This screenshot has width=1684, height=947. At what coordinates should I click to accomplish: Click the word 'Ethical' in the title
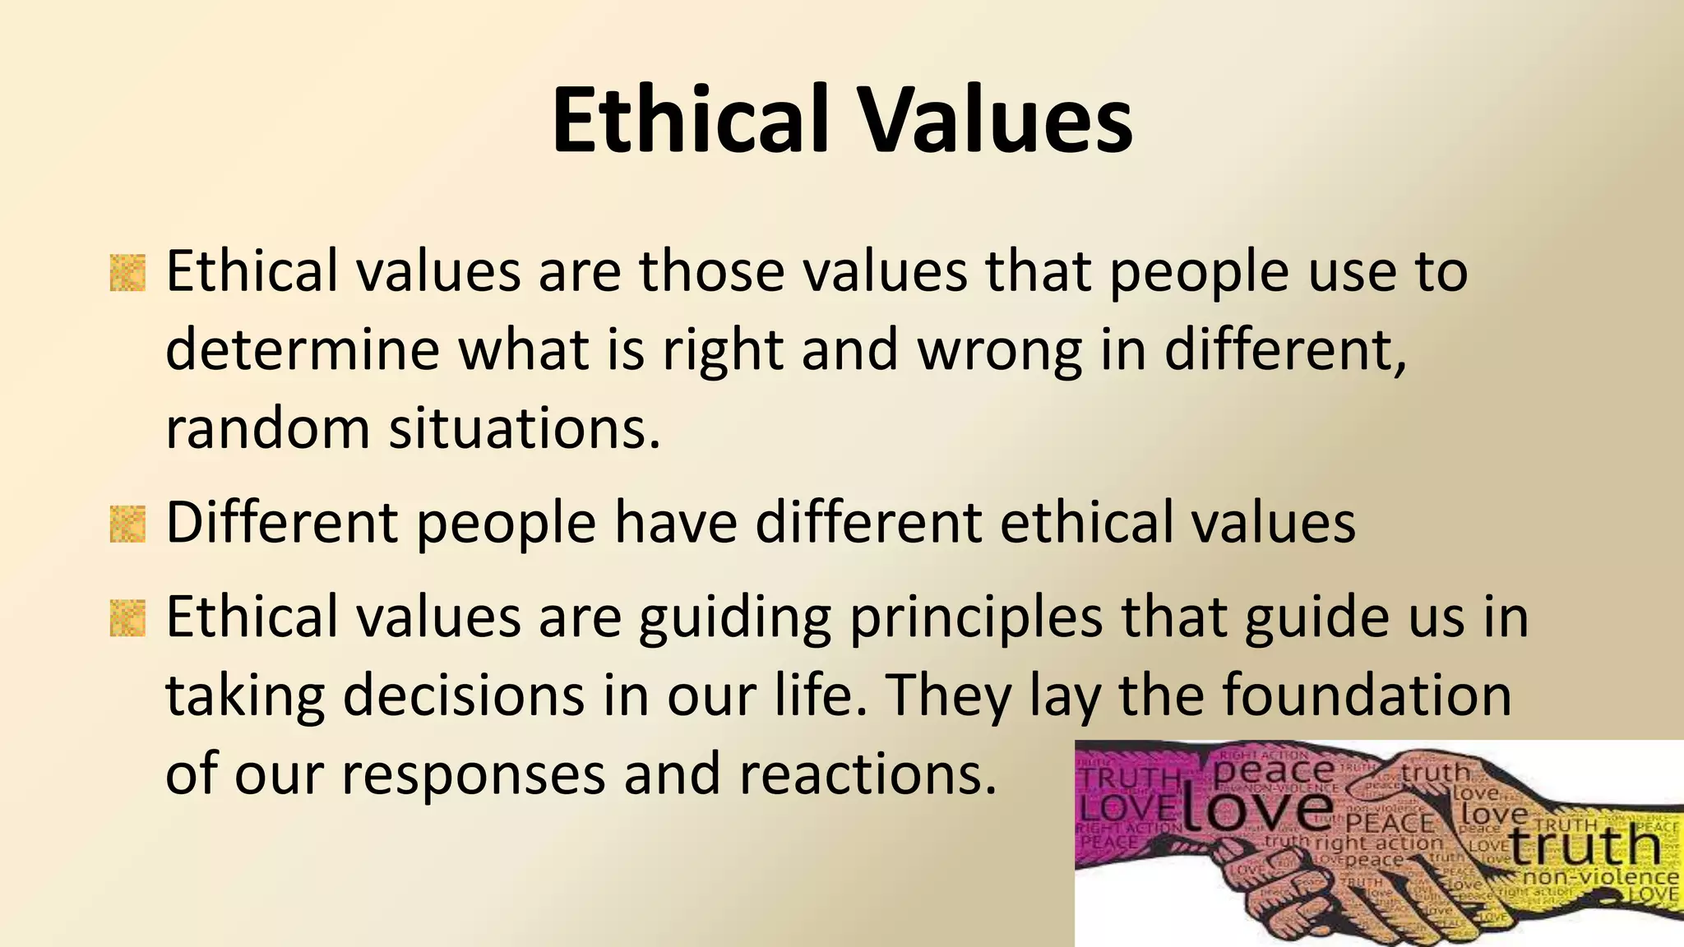[x=689, y=120]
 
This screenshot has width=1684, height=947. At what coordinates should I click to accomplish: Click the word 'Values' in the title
[x=997, y=120]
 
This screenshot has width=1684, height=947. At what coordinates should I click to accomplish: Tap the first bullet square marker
[x=127, y=273]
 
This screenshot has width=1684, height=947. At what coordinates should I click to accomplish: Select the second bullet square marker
[x=127, y=524]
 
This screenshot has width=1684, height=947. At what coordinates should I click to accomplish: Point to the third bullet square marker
[x=127, y=618]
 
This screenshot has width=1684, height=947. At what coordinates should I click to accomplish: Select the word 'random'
[x=267, y=428]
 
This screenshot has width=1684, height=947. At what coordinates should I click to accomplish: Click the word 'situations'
[x=524, y=428]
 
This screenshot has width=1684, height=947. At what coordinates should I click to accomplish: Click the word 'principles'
[x=976, y=618]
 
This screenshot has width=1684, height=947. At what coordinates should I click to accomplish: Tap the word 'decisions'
[x=462, y=695]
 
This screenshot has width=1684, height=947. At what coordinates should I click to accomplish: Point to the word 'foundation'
[x=1367, y=695]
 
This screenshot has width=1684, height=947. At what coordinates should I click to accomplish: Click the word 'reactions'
[x=867, y=774]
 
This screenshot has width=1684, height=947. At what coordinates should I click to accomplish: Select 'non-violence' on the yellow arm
[x=1600, y=878]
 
